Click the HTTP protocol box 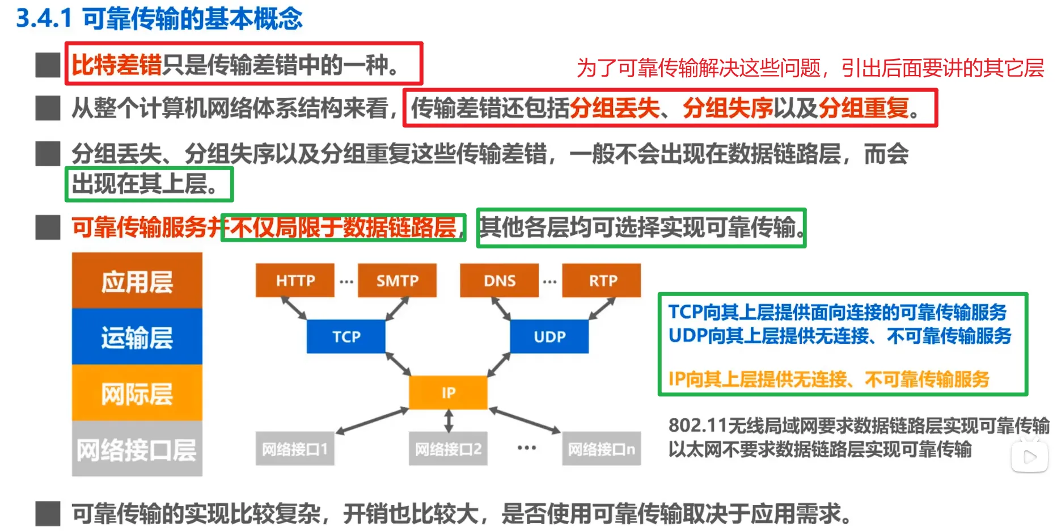295,280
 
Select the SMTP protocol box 397,280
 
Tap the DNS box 499,280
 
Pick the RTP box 602,280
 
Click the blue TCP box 346,336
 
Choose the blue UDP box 549,336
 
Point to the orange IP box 448,393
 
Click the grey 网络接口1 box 295,449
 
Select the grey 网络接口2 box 448,449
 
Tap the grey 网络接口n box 602,449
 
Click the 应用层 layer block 137,281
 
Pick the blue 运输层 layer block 137,337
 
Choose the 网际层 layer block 137,393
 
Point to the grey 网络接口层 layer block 137,449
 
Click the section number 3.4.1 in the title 44,18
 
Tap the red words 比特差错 116,65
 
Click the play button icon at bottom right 1030,457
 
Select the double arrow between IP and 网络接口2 449,421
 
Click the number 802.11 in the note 697,425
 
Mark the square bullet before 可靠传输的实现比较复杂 48,513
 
